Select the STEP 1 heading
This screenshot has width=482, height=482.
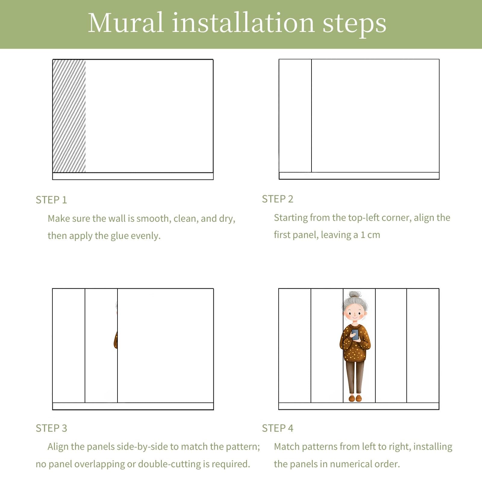[51, 200]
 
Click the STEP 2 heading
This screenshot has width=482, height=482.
[277, 199]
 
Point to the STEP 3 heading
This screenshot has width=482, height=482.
[51, 428]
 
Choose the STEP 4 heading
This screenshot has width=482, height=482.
[277, 428]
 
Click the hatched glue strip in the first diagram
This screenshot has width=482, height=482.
[69, 116]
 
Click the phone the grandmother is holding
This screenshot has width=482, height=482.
[355, 334]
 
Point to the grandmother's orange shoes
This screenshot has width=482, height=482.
[355, 398]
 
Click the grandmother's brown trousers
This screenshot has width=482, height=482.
[355, 377]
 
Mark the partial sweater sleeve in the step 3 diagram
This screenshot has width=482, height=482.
[116, 340]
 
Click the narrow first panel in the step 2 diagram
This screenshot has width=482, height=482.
[295, 116]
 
